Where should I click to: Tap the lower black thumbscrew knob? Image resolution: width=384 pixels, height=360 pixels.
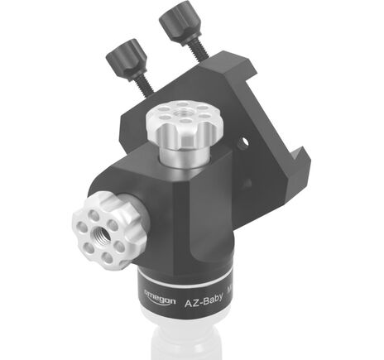click(126, 59)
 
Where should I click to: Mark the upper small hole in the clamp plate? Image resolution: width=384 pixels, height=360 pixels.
click(242, 143)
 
